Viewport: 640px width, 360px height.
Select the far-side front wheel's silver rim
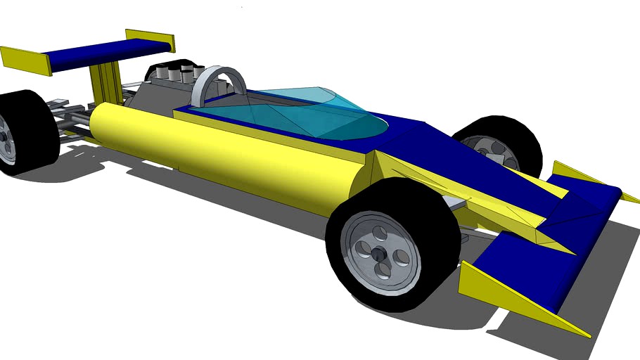click(x=489, y=149)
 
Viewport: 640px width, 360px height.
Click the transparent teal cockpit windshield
click(x=309, y=112)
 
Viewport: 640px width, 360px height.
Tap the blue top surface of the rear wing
click(x=105, y=53)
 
